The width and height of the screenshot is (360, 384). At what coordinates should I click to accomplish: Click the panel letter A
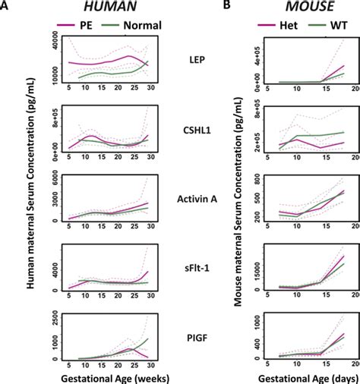pos(5,6)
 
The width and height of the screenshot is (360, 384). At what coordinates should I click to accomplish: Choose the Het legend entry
pos(267,24)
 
